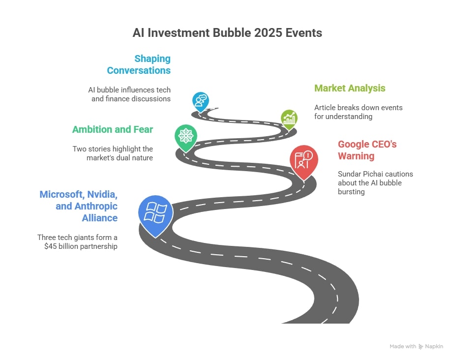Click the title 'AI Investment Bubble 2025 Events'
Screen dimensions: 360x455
point(227,33)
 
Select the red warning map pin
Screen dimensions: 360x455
point(303,161)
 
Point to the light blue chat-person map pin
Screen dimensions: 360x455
point(201,100)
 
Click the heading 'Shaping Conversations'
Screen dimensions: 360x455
point(139,64)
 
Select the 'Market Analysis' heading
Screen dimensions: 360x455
point(350,89)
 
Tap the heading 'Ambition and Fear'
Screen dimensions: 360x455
point(113,130)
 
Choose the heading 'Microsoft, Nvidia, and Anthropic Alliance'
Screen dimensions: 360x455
point(79,206)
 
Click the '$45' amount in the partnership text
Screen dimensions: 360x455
point(51,246)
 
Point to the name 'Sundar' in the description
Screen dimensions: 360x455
point(350,174)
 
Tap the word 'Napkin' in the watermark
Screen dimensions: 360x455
point(434,346)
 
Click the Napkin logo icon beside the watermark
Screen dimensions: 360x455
point(421,346)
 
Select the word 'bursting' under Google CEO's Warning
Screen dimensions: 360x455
point(351,192)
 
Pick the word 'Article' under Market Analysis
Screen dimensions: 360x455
point(325,108)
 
